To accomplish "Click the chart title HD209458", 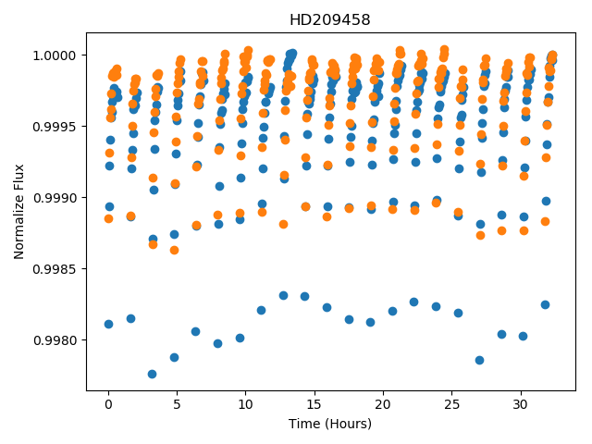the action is tap(330, 20).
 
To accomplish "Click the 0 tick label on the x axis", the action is tap(109, 404).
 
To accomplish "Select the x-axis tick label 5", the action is tap(177, 404).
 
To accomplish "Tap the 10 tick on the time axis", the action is tap(245, 404).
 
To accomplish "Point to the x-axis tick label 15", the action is tap(314, 404).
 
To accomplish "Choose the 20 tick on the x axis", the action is tap(383, 404).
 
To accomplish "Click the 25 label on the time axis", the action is tap(451, 404).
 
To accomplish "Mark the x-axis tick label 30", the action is tap(520, 404).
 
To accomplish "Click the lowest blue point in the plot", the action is tap(152, 374).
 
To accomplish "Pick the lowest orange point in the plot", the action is tap(174, 251).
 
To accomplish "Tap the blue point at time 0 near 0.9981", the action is tap(109, 325).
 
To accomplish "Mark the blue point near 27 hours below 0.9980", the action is tap(479, 360).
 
